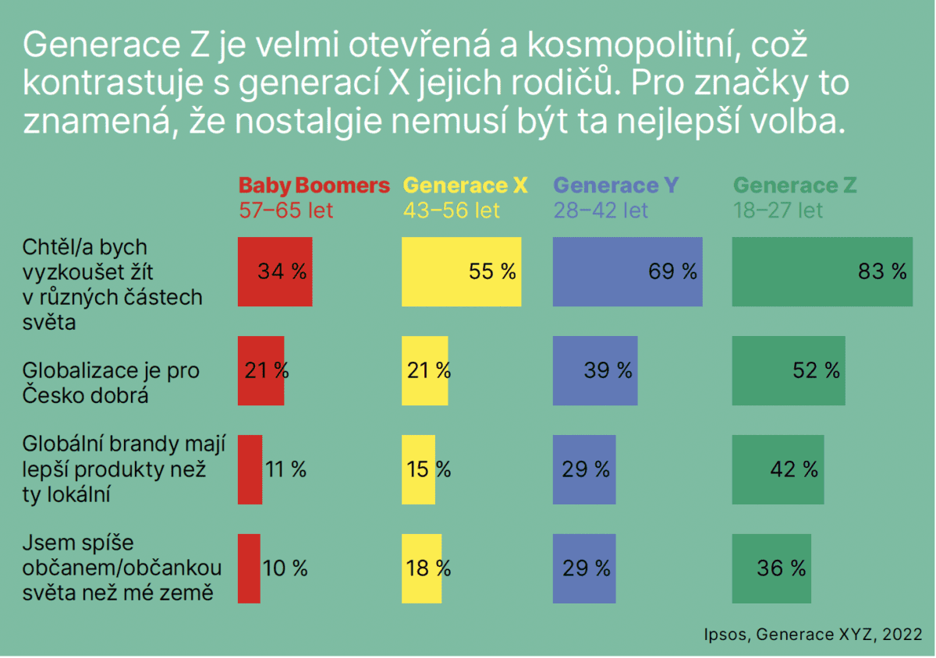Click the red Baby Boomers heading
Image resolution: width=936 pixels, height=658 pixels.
tap(314, 186)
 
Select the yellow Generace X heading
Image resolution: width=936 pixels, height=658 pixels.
tap(465, 186)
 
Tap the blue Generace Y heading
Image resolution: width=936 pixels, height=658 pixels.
tap(615, 186)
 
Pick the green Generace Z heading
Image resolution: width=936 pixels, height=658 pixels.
tap(795, 186)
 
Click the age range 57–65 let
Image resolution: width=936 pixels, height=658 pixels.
tap(285, 210)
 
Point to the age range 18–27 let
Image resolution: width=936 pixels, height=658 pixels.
tap(778, 210)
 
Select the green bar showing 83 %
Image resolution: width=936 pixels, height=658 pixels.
tap(821, 271)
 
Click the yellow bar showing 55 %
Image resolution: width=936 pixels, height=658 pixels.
tap(461, 271)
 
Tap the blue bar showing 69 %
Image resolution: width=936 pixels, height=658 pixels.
tap(627, 271)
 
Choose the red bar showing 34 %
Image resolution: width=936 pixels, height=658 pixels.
tap(275, 271)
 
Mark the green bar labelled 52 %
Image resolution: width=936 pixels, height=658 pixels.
tap(788, 370)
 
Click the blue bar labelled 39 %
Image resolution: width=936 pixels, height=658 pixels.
tap(594, 370)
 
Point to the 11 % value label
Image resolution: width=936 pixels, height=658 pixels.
tap(285, 469)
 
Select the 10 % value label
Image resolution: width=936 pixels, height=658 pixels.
tap(285, 568)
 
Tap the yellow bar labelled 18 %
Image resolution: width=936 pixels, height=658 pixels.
tap(421, 568)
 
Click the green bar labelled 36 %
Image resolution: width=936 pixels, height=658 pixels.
tap(771, 568)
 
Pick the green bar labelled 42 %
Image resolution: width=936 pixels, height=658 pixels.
tap(777, 469)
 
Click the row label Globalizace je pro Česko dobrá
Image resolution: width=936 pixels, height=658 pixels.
tap(111, 382)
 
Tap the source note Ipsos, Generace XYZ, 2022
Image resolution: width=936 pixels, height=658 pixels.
tap(813, 635)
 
